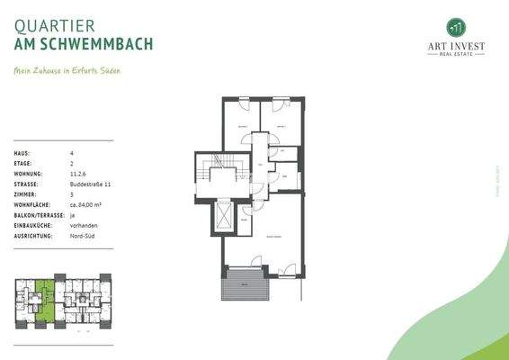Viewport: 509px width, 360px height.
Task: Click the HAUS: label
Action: coord(22,154)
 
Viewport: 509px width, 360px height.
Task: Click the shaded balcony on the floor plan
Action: coord(243,287)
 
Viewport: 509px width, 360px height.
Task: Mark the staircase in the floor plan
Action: coord(218,175)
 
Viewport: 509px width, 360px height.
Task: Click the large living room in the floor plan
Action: coord(270,240)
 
